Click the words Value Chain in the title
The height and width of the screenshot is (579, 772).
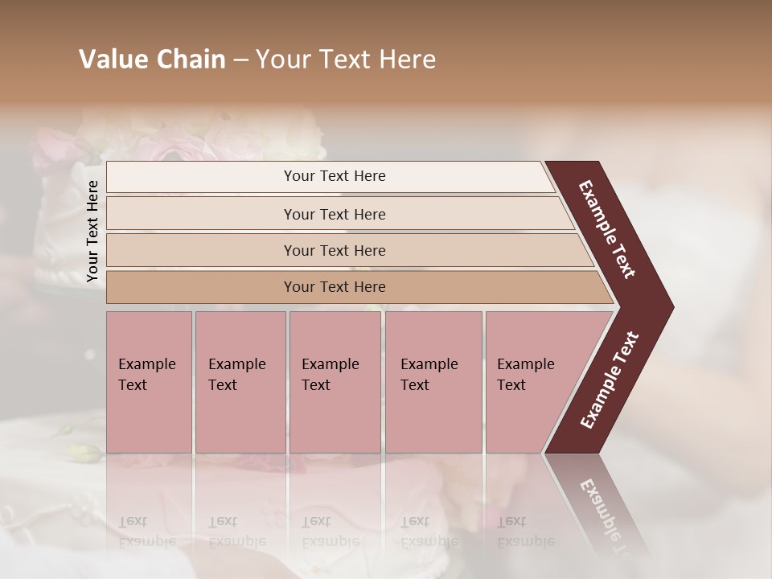pyautogui.click(x=152, y=60)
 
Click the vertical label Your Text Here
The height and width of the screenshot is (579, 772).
pyautogui.click(x=92, y=231)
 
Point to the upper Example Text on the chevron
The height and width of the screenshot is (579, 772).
pyautogui.click(x=607, y=229)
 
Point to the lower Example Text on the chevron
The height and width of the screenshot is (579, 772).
pyautogui.click(x=610, y=380)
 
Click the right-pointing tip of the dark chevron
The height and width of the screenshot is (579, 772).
pyautogui.click(x=667, y=307)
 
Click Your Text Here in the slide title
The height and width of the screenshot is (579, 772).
pyautogui.click(x=346, y=60)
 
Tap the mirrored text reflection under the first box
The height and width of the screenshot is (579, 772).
pyautogui.click(x=146, y=532)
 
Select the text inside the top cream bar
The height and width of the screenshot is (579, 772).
pyautogui.click(x=335, y=176)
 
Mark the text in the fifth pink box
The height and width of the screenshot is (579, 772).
pyautogui.click(x=525, y=374)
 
